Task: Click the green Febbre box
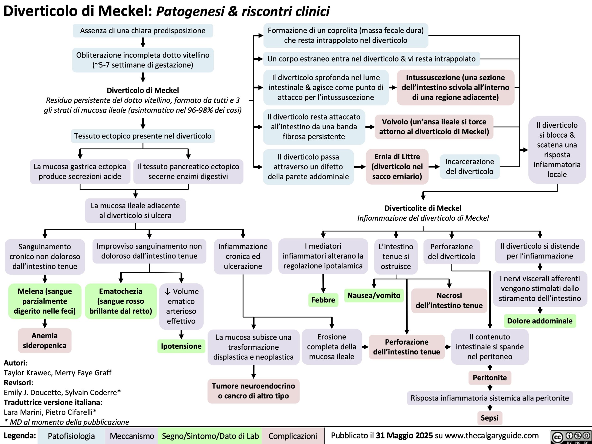[x=323, y=300]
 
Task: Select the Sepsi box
[x=490, y=418]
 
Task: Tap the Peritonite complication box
[x=490, y=378]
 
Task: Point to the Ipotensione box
[x=181, y=346]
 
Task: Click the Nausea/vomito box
[x=374, y=295]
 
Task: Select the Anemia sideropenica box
[x=45, y=340]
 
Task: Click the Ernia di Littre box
[x=397, y=166]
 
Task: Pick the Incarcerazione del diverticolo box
[x=469, y=166]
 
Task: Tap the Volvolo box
[x=434, y=126]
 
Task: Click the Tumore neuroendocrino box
[x=253, y=391]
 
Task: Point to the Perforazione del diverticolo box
[x=451, y=251]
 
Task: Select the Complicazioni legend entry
[x=293, y=436]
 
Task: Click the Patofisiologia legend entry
[x=71, y=436]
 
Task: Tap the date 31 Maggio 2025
[x=404, y=435]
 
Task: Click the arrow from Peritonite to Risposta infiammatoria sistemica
[x=490, y=388]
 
